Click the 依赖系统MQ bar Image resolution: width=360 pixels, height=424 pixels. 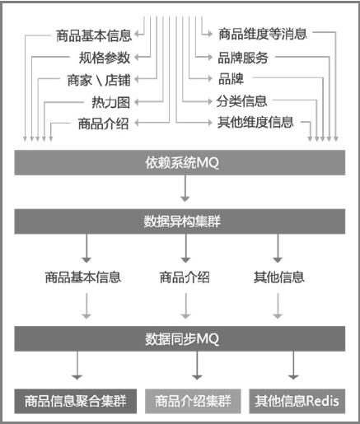pyautogui.click(x=180, y=162)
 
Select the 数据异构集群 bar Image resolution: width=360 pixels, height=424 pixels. pyautogui.click(x=180, y=221)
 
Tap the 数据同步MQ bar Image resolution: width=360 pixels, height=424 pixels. pyautogui.click(x=180, y=338)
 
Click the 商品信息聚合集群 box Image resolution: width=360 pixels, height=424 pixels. pyautogui.click(x=76, y=401)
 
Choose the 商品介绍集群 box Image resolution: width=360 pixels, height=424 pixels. pyautogui.click(x=193, y=401)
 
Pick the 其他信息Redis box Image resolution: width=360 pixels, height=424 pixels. pyautogui.click(x=297, y=401)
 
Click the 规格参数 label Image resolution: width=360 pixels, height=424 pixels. pyautogui.click(x=105, y=58)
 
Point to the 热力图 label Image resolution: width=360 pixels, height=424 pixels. pyautogui.click(x=110, y=102)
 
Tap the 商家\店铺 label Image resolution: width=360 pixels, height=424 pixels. pyautogui.click(x=99, y=80)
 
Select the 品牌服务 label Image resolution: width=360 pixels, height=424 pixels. pyautogui.click(x=243, y=58)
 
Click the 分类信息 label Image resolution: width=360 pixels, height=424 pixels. pyautogui.click(x=241, y=101)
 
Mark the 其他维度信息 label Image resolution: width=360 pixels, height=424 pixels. pyautogui.click(x=255, y=122)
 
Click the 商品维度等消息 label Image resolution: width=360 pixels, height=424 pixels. pyautogui.click(x=263, y=34)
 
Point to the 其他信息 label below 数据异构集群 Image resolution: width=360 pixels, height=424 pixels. pyautogui.click(x=279, y=277)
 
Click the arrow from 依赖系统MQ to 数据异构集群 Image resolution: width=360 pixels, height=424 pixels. pyautogui.click(x=185, y=189)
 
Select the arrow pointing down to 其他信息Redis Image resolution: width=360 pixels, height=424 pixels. pyautogui.click(x=293, y=366)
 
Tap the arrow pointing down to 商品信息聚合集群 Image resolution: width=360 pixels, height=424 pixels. pyautogui.click(x=77, y=366)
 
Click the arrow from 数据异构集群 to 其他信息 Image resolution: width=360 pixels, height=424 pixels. pyautogui.click(x=278, y=248)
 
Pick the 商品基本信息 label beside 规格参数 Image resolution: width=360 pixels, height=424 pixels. pyautogui.click(x=94, y=36)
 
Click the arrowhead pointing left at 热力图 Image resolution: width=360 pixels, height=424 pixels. pyautogui.click(x=137, y=102)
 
